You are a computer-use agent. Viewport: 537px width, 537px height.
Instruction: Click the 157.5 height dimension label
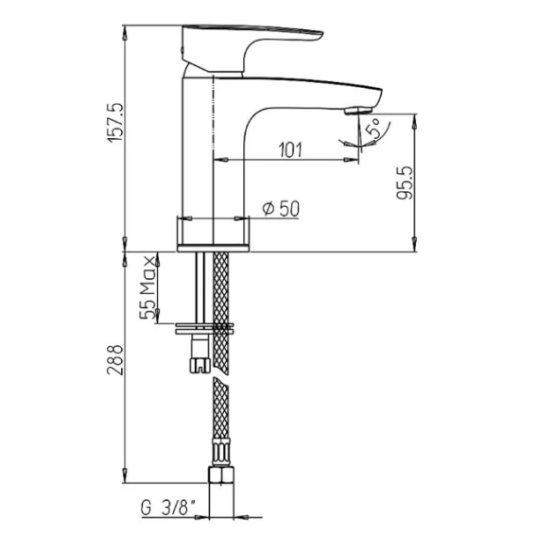click(115, 122)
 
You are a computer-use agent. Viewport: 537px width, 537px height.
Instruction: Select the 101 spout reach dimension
click(291, 150)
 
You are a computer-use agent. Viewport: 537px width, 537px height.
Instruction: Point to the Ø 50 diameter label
click(281, 209)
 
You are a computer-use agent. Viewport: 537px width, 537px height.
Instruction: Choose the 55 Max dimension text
click(147, 287)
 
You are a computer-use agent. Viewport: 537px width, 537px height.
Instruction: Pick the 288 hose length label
click(115, 360)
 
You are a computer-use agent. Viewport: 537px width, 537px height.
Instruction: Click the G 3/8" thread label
click(168, 508)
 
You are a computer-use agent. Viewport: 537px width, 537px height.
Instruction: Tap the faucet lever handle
click(252, 48)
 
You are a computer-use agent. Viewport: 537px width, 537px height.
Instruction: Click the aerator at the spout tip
click(358, 111)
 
